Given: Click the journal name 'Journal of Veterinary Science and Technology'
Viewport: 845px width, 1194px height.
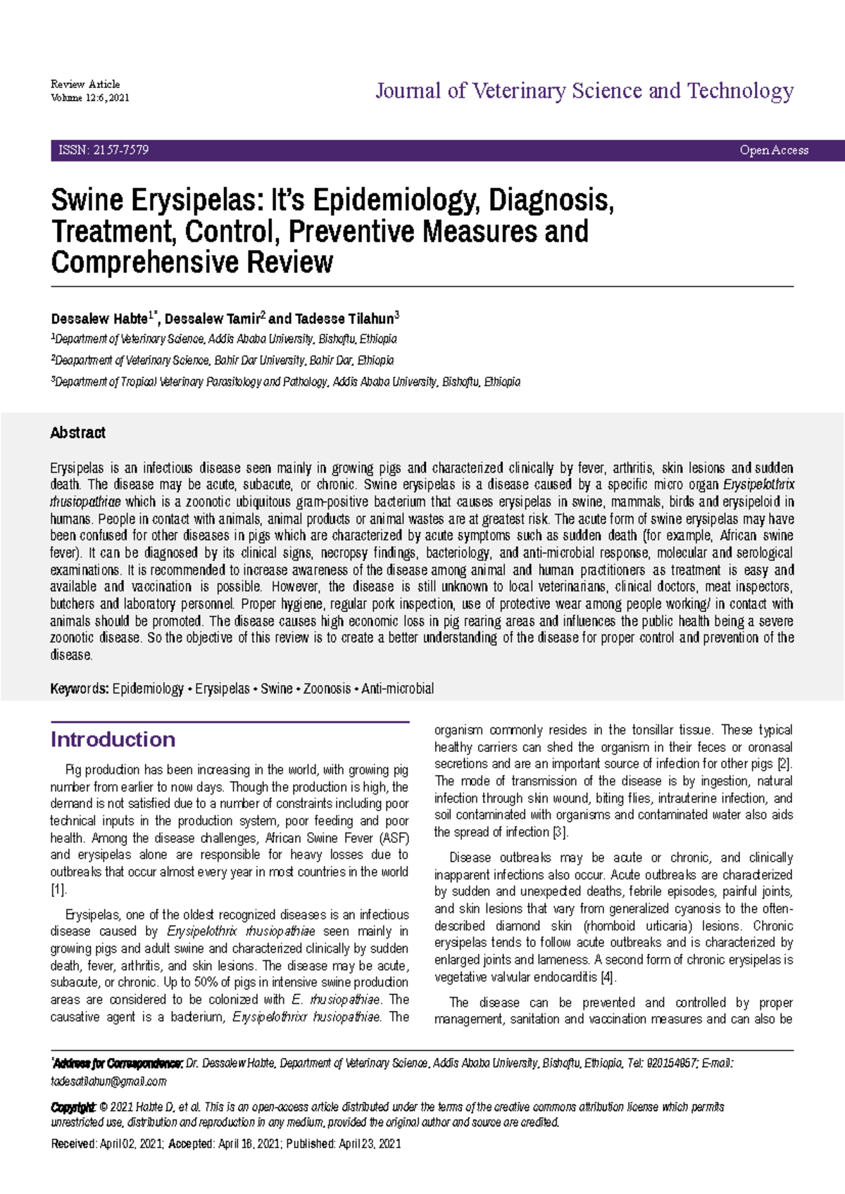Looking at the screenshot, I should point(584,91).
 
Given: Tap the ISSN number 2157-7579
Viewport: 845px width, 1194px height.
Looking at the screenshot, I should point(120,150).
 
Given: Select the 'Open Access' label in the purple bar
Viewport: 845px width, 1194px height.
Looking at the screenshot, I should point(774,150).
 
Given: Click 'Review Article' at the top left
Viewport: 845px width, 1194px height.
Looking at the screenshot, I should point(85,84).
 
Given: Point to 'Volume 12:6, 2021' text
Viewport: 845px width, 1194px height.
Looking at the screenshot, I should point(89,98).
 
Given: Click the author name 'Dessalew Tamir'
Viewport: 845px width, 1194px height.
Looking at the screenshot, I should point(212,319).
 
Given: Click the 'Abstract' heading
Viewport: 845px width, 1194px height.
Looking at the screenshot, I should point(77,433).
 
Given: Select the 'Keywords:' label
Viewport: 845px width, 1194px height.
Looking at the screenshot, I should point(79,689).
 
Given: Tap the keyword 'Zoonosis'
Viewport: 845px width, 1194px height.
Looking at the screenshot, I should point(327,689).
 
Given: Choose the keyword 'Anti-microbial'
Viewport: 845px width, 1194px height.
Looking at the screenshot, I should point(398,689).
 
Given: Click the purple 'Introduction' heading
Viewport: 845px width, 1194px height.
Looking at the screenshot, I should point(113,739).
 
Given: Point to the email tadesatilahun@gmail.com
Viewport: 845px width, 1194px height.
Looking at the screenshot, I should point(108,1081).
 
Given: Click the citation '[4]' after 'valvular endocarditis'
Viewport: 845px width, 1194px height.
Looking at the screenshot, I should point(608,977).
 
